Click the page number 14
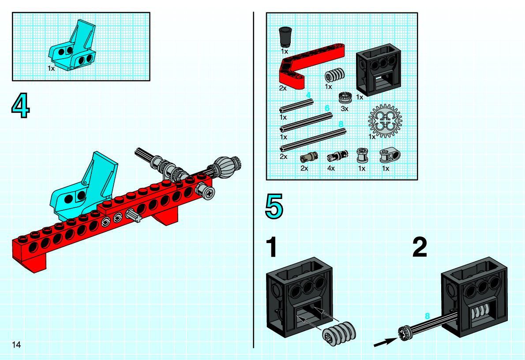pyautogui.click(x=16, y=345)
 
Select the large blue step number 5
pyautogui.click(x=274, y=206)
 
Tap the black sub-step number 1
pyautogui.click(x=271, y=247)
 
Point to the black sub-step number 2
pyautogui.click(x=420, y=247)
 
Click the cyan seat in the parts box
pyautogui.click(x=73, y=47)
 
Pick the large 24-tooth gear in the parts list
pyautogui.click(x=385, y=121)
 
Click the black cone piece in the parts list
pyautogui.click(x=285, y=36)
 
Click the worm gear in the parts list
pyautogui.click(x=334, y=75)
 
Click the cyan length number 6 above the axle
pyautogui.click(x=327, y=108)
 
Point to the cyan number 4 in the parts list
pyautogui.click(x=308, y=95)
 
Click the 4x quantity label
pyautogui.click(x=331, y=168)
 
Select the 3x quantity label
pyautogui.click(x=345, y=109)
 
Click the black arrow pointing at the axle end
pyautogui.click(x=386, y=342)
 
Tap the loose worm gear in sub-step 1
pyautogui.click(x=339, y=334)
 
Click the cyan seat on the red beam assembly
pyautogui.click(x=84, y=187)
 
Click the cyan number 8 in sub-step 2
pyautogui.click(x=427, y=316)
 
